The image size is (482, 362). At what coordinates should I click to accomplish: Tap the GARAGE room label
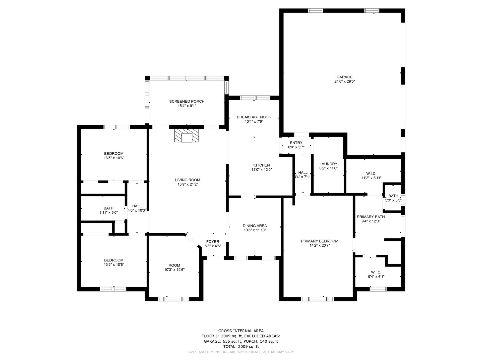344,77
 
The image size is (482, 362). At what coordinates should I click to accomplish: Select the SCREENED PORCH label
187,102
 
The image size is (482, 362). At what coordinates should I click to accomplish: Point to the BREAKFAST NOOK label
254,117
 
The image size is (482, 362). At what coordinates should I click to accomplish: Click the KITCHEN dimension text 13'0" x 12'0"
262,170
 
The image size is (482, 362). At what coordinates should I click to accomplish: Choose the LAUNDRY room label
328,164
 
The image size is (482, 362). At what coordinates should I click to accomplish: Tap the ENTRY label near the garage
296,143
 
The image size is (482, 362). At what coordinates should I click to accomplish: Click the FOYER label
213,242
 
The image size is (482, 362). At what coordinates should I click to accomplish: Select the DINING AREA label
255,226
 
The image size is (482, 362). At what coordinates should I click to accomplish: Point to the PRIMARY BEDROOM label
320,241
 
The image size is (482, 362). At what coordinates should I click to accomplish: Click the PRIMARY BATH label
371,217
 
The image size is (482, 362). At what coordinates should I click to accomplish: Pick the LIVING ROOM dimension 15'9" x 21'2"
188,185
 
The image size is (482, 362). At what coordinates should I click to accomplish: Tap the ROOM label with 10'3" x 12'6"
174,265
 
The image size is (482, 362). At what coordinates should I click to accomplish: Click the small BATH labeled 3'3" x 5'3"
393,196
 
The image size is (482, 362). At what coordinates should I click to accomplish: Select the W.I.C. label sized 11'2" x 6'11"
371,174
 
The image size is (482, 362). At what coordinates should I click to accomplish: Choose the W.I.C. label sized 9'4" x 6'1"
376,273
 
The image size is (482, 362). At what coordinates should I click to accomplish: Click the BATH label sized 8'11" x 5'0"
108,208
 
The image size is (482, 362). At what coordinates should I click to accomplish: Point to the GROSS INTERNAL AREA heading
241,331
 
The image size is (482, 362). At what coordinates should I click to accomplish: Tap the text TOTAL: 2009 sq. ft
241,347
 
